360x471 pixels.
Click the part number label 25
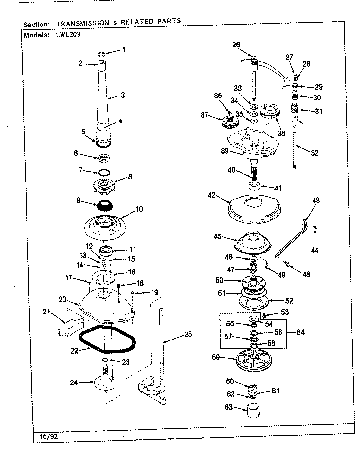click(x=188, y=334)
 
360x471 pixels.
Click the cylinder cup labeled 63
click(x=252, y=411)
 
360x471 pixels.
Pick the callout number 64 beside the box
click(x=300, y=332)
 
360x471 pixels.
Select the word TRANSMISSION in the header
click(x=82, y=23)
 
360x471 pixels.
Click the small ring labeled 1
click(x=101, y=54)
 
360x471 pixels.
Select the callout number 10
click(x=139, y=209)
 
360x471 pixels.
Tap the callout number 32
click(x=314, y=153)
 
